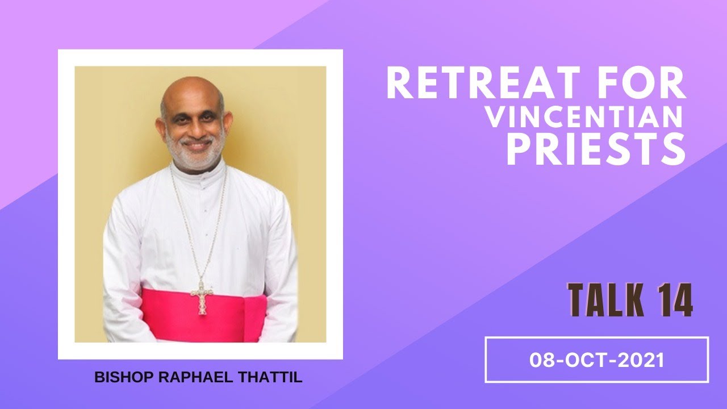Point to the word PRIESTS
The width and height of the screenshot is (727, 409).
[x=595, y=149]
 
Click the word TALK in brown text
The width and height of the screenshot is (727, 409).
[x=605, y=301]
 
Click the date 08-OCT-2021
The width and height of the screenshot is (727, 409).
[x=596, y=360]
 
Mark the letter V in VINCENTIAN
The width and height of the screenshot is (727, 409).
[x=494, y=118]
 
